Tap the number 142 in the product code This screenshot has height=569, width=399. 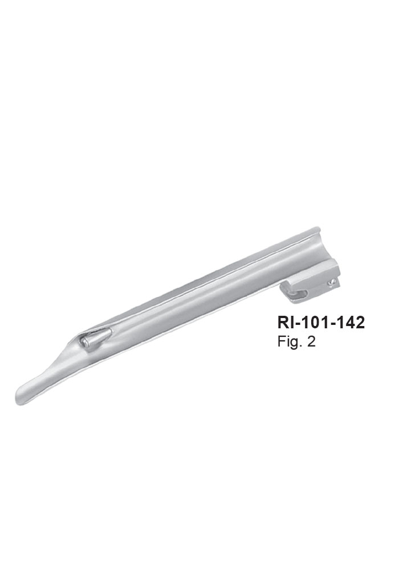coord(351,322)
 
